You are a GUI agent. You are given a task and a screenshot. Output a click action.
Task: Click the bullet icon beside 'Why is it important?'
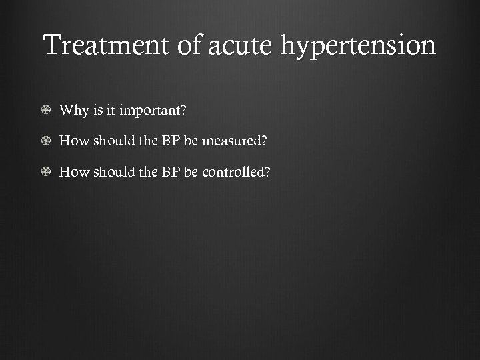click(46, 110)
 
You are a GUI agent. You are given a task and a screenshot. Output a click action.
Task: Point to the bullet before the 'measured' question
click(46, 141)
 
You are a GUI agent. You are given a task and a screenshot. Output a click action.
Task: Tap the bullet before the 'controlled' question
click(46, 172)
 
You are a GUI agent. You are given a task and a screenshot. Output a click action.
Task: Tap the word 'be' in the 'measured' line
click(191, 141)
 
